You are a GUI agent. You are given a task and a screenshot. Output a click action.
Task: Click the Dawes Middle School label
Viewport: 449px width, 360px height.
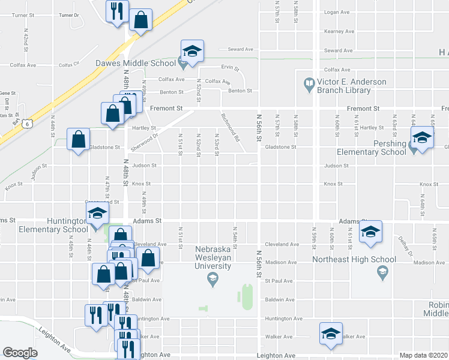tap(135, 62)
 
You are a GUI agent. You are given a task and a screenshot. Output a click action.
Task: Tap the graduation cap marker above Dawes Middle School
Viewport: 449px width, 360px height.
tap(192, 51)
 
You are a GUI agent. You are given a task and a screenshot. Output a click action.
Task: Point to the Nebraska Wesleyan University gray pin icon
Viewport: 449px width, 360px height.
tap(212, 278)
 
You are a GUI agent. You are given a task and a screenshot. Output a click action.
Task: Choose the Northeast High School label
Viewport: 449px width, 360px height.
tap(354, 259)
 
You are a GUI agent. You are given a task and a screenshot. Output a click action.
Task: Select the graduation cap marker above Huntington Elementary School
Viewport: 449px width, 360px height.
tap(97, 213)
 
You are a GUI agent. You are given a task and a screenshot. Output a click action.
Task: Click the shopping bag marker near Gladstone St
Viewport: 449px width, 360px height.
tap(79, 140)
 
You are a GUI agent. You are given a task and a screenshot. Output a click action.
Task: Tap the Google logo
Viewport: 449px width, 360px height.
tap(20, 353)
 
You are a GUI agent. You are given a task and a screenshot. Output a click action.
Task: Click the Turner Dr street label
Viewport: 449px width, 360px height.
tap(69, 14)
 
